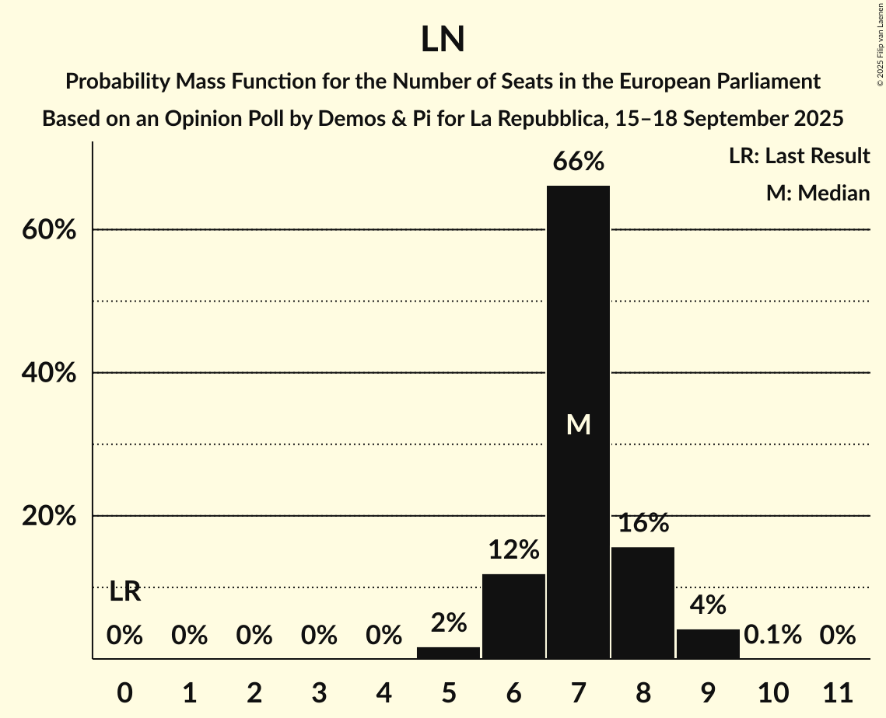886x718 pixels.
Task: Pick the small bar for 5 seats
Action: click(x=448, y=653)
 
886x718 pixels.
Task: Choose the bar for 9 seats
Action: click(x=708, y=643)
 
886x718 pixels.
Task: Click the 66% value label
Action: click(x=578, y=162)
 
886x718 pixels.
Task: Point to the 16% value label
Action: click(x=643, y=524)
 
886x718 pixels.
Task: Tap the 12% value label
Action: click(x=513, y=551)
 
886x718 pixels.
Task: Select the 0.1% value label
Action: click(x=772, y=636)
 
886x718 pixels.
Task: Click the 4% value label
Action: click(x=708, y=605)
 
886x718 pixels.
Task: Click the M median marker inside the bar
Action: click(x=578, y=424)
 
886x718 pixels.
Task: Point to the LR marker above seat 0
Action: click(x=124, y=592)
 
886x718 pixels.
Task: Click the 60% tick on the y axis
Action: click(x=48, y=231)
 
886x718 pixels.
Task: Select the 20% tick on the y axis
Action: click(x=48, y=517)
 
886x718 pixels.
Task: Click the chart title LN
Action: click(x=443, y=40)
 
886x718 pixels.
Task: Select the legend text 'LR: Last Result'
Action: click(x=799, y=156)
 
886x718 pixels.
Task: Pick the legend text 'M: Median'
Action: click(x=818, y=193)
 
